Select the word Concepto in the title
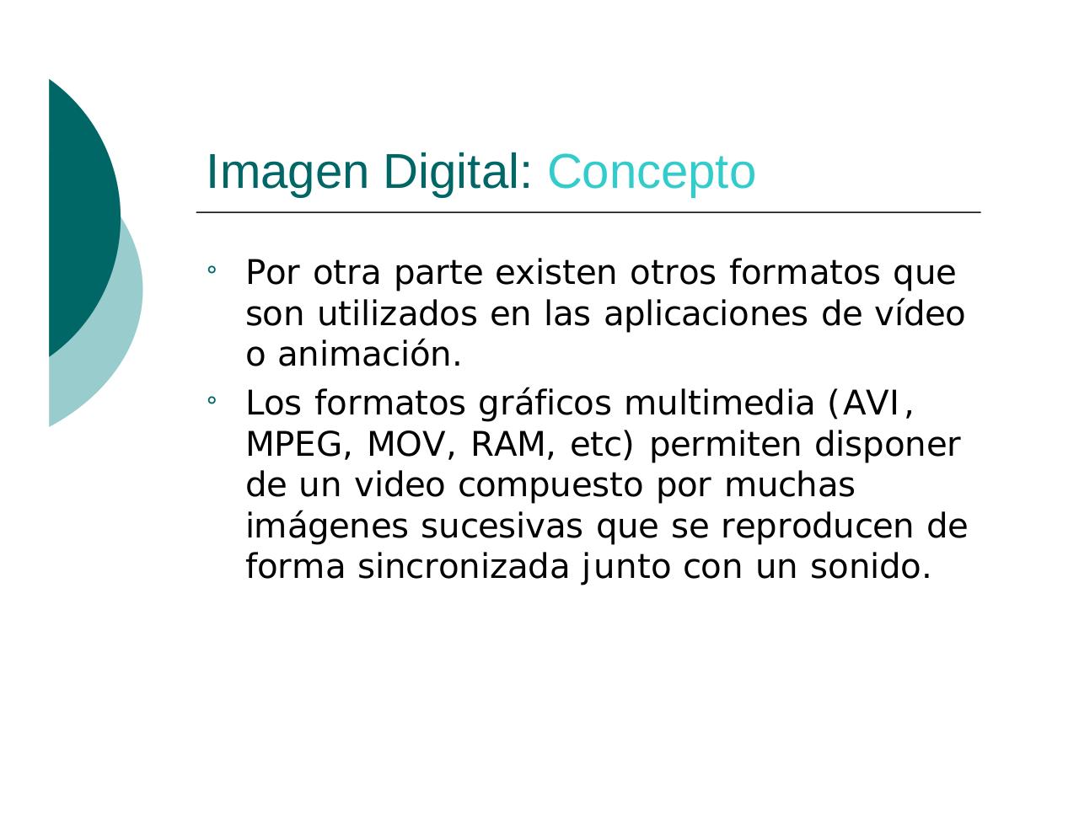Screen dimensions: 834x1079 coord(651,172)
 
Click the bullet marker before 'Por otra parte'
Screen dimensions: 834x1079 coord(212,271)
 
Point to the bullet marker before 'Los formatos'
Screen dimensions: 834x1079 coord(212,402)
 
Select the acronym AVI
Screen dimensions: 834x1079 coord(871,404)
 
